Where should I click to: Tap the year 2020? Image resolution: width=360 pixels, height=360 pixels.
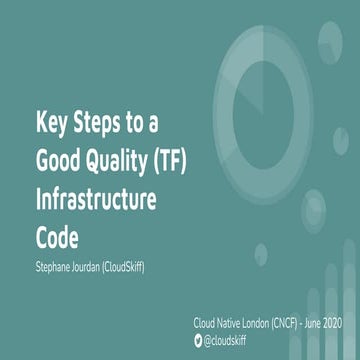[x=350, y=325]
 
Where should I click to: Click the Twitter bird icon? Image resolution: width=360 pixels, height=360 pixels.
[x=198, y=340]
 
